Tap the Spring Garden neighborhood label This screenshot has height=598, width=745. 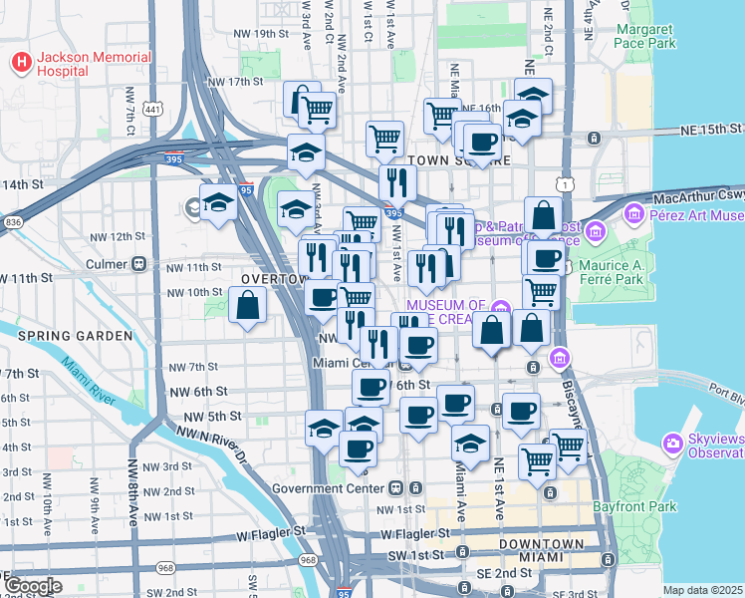[76, 336]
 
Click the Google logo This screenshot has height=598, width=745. [33, 586]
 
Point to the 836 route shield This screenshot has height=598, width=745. [12, 222]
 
